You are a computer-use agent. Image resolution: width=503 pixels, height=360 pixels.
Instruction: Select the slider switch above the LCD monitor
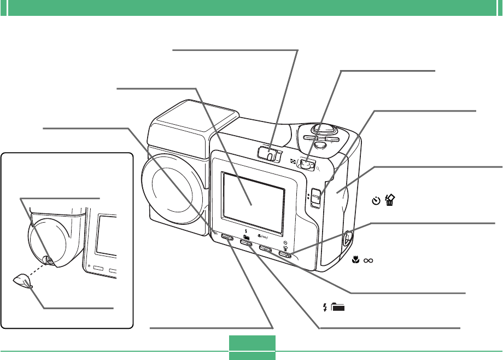coord(269,153)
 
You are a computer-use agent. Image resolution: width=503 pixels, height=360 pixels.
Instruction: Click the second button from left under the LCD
coord(247,243)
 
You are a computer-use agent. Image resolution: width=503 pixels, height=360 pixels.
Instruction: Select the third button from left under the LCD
coord(266,249)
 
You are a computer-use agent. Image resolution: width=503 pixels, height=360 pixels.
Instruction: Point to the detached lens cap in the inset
coord(22,280)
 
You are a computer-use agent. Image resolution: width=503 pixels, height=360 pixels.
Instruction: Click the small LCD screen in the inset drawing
coord(107,235)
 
